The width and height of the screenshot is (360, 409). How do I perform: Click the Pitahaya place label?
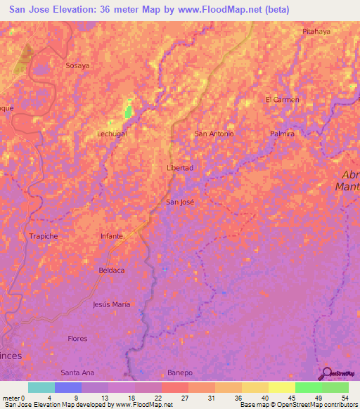(x=316, y=32)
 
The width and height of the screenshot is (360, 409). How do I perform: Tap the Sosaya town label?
(x=77, y=65)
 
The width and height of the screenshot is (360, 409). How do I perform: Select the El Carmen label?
(x=282, y=100)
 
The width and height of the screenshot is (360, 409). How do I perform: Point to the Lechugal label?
(x=112, y=133)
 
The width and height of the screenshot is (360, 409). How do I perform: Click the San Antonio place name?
(x=214, y=134)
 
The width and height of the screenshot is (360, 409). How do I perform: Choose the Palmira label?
(x=282, y=134)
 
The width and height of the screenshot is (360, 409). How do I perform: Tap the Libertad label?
(x=179, y=168)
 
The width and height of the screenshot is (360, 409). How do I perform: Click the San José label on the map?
(x=179, y=202)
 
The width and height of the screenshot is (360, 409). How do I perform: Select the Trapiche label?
(x=44, y=236)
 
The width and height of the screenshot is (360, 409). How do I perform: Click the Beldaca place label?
(x=112, y=270)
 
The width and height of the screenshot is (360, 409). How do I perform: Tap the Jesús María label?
(x=112, y=304)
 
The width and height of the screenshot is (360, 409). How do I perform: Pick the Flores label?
(x=77, y=339)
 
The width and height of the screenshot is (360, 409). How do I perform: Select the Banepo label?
(x=179, y=372)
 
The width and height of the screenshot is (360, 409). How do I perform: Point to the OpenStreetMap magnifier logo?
(x=328, y=374)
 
